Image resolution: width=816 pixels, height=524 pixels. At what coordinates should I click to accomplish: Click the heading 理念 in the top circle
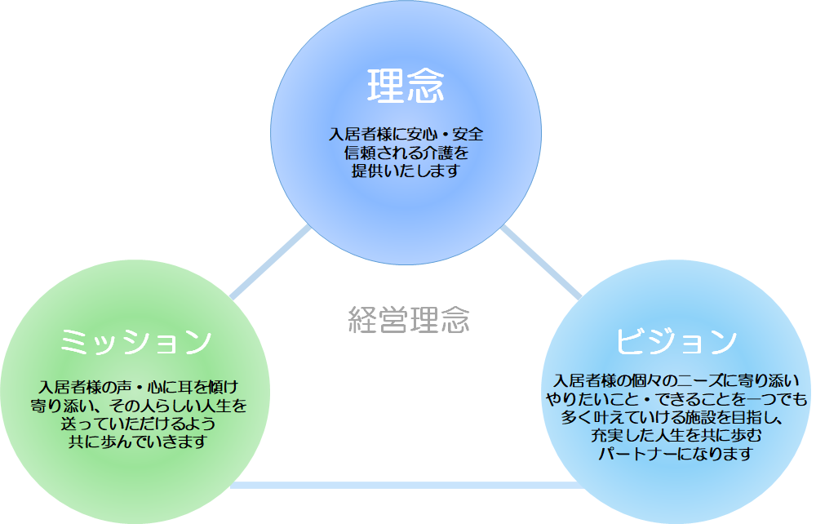406,86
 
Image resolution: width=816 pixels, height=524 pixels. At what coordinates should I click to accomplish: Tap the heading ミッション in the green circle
135,342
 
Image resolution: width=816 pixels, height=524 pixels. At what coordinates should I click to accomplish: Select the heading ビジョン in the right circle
676,341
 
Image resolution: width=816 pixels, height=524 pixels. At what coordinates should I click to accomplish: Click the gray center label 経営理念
409,319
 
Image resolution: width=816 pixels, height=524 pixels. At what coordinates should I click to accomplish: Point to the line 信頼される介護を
406,153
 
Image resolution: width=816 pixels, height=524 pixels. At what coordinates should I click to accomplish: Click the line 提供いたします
406,171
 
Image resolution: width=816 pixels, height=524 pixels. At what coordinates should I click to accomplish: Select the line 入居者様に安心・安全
406,134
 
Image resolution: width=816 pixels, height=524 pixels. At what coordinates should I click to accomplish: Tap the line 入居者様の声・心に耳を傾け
139,387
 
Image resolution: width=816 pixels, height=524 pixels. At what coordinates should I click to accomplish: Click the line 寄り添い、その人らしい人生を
139,406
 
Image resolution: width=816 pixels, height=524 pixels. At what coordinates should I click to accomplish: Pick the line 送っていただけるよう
139,424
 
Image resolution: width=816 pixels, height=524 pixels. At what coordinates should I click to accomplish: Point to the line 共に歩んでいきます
139,442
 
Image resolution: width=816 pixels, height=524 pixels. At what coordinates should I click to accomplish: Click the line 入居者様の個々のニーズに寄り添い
676,381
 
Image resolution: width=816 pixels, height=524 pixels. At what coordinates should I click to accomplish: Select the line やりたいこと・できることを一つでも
676,399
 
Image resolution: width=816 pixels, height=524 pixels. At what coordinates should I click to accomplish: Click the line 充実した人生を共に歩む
676,436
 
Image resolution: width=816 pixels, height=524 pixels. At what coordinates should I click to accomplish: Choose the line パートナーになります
676,454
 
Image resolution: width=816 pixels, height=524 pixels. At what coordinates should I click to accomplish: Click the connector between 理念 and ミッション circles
270,263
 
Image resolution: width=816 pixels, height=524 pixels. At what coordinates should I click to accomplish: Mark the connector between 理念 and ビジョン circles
541,263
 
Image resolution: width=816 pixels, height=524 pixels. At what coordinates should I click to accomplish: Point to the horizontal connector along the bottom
406,485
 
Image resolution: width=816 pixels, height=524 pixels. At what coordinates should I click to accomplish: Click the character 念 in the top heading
426,86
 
